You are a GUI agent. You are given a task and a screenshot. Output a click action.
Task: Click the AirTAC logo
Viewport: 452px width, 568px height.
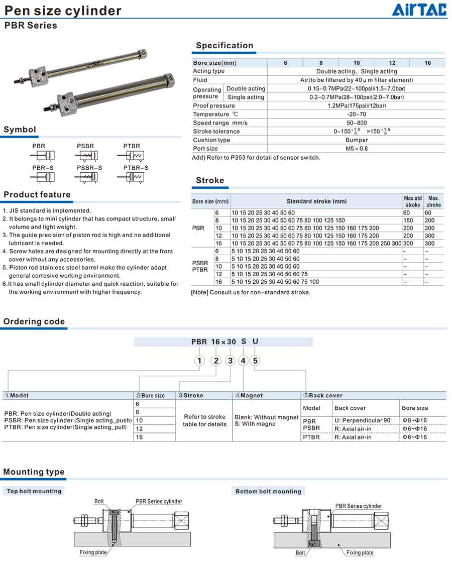point(419,10)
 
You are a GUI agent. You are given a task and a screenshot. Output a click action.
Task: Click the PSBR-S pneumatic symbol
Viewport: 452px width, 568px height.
point(88,177)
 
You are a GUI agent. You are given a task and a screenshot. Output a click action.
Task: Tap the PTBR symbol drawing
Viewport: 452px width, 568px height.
point(133,155)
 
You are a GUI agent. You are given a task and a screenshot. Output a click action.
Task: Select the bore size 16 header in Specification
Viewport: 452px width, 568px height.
point(427,63)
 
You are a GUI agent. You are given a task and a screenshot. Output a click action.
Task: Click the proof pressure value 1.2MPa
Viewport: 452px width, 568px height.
point(356,105)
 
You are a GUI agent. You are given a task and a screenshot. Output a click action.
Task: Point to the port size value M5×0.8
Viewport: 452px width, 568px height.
point(356,148)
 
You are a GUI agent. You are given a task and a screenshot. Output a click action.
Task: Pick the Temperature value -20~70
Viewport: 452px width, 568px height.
point(356,114)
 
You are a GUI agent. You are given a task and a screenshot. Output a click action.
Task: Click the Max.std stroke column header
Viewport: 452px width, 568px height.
point(412,201)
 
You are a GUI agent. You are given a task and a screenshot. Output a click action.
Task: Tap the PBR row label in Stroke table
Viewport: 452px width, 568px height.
point(198,228)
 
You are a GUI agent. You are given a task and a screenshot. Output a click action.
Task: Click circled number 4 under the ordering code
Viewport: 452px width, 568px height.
point(243,361)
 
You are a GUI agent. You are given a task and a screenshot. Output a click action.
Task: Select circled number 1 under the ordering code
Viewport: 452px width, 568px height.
point(199,361)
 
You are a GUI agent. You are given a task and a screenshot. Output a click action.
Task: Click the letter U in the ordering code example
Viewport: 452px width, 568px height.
point(255,342)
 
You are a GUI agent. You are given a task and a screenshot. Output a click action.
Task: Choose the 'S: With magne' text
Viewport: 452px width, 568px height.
point(255,424)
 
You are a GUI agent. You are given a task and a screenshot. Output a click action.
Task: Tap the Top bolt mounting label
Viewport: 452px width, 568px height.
point(34,491)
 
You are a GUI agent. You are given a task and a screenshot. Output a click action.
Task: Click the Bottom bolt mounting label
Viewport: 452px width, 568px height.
point(268,491)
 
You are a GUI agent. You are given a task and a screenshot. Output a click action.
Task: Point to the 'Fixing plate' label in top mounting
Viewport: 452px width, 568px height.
point(93,552)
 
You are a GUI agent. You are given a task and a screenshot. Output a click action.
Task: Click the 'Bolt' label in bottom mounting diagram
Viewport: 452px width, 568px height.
point(300,553)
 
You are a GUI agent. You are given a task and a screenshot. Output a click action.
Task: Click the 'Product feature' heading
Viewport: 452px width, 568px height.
point(37,195)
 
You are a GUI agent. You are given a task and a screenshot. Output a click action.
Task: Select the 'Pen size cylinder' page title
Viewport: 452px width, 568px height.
point(63,11)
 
